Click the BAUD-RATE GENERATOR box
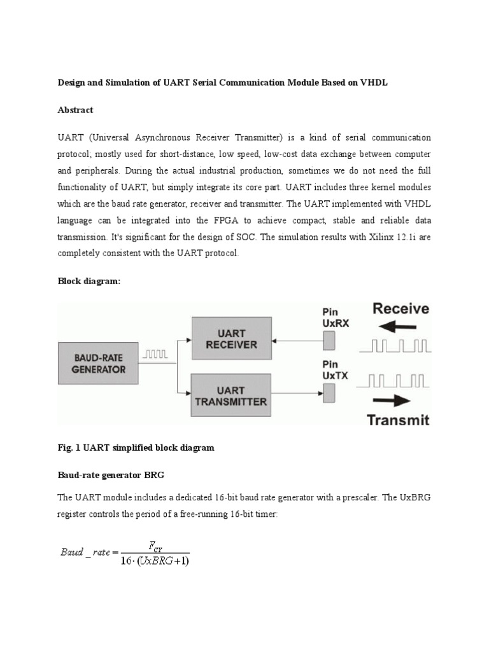click(99, 362)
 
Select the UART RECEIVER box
click(230, 338)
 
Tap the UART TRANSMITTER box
click(230, 395)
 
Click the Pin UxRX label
click(335, 318)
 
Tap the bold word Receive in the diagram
click(400, 310)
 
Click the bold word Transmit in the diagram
click(399, 419)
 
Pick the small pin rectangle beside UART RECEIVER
click(330, 342)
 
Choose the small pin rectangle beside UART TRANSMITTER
click(330, 394)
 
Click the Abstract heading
click(75, 110)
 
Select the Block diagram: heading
click(89, 282)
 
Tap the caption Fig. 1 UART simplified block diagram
click(136, 448)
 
